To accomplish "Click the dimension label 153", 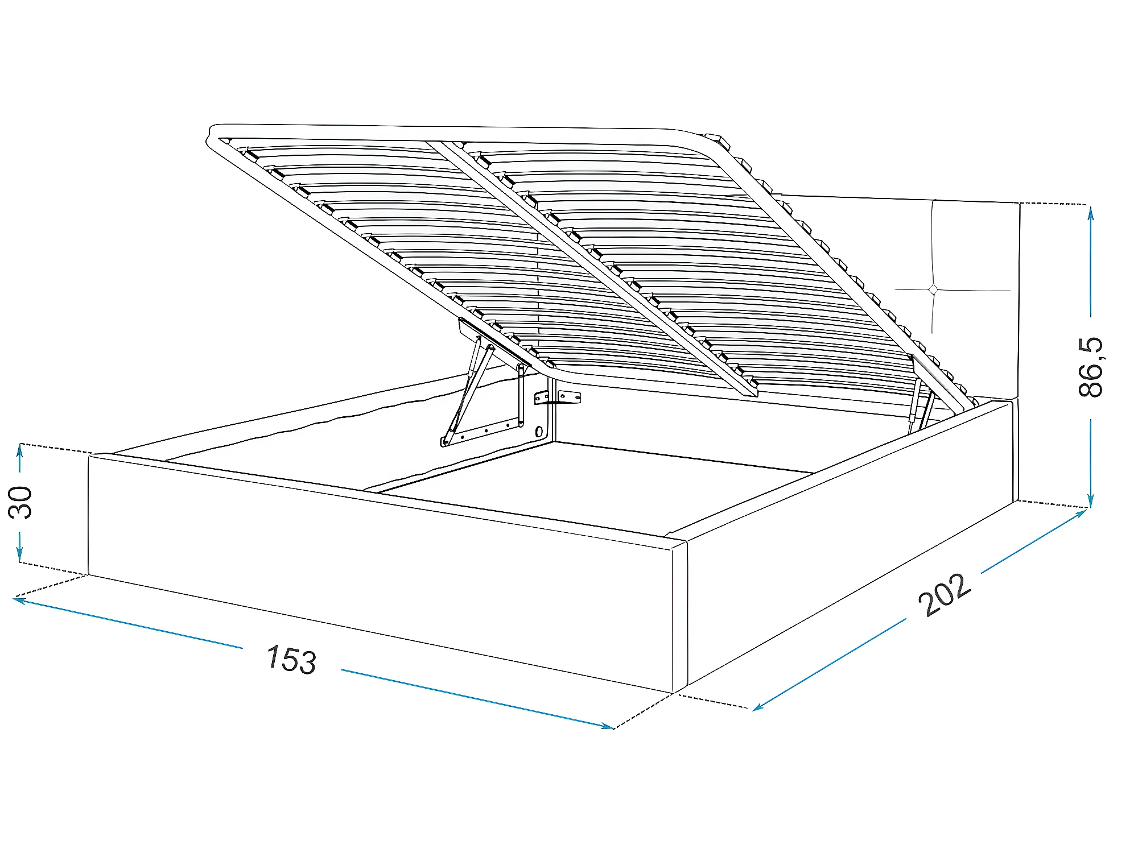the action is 291,659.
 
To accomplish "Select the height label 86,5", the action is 1090,367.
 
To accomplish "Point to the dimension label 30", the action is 21,502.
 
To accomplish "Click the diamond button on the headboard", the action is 933,290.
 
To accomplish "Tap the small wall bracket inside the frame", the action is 558,397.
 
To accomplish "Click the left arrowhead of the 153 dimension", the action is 17,599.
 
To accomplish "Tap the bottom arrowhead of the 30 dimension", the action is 20,557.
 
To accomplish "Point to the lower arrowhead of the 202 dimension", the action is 757,708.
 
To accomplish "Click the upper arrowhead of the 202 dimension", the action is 1082,512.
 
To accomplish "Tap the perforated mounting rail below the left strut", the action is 484,431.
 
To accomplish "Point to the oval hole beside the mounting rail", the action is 539,432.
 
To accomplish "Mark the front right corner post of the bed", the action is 679,617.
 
